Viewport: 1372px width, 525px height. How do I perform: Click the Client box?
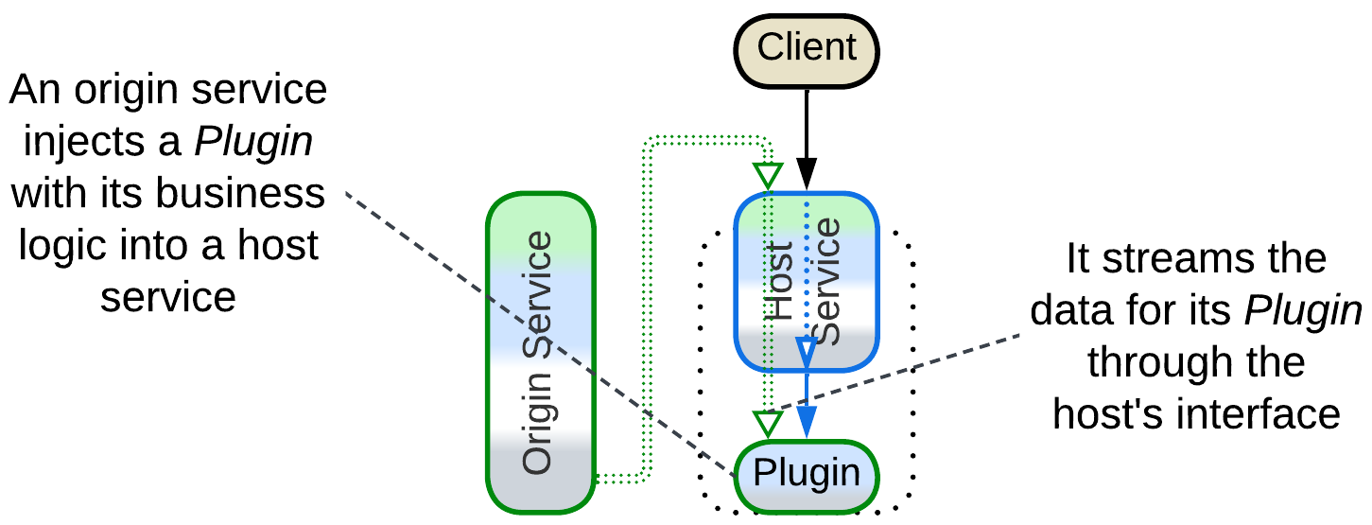point(807,47)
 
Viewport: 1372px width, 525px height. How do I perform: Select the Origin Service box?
point(540,352)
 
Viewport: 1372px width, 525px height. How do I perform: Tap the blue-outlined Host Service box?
point(807,282)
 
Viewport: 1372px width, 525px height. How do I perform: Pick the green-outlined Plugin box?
point(807,473)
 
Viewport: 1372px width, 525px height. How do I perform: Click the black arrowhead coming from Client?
point(807,173)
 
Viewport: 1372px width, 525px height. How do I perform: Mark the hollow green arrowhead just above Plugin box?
point(769,423)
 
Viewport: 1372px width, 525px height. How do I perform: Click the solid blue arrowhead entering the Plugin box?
point(807,422)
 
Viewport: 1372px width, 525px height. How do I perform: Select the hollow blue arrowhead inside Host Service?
point(807,353)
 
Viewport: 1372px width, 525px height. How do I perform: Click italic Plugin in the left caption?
point(253,143)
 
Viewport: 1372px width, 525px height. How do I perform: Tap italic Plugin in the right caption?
point(1303,310)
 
